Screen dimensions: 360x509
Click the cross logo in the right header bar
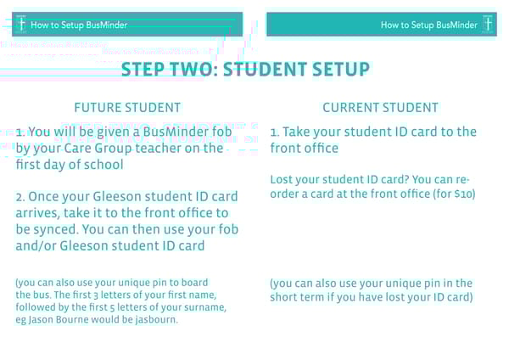coord(488,25)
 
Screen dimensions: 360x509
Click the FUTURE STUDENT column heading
coord(127,108)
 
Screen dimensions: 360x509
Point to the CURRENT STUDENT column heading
coord(381,108)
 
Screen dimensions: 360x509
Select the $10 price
coord(462,194)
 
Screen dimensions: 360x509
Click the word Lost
coord(282,180)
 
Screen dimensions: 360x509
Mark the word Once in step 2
coord(50,197)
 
